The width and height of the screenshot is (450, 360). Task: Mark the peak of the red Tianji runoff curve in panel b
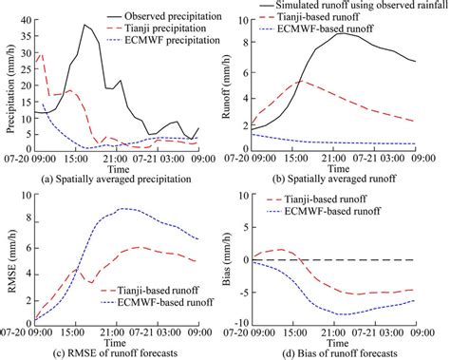(299, 81)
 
